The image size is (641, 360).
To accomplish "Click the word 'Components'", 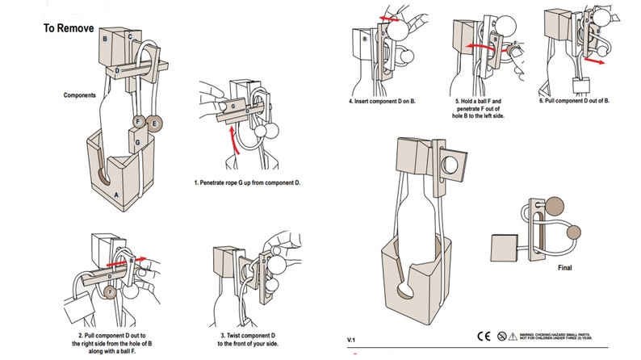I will (x=81, y=95).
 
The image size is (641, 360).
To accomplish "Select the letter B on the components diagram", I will (x=105, y=39).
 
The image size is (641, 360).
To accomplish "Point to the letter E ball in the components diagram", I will (x=154, y=123).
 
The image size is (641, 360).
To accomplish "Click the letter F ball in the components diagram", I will (x=139, y=123).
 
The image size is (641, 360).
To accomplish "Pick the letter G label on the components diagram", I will (x=138, y=142).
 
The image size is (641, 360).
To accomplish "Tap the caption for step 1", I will (x=247, y=183).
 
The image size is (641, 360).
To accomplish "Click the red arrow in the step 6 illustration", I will (x=596, y=59).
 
